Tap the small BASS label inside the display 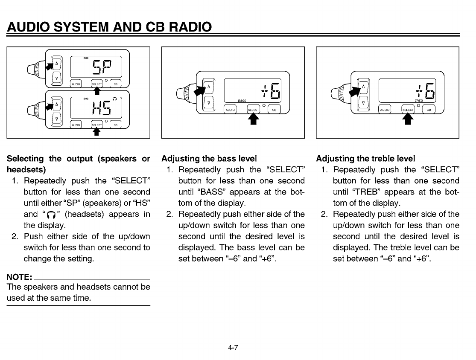pyautogui.click(x=242, y=101)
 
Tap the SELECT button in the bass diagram pyautogui.click(x=253, y=110)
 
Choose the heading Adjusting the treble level pyautogui.click(x=365, y=159)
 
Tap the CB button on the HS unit pyautogui.click(x=115, y=125)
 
